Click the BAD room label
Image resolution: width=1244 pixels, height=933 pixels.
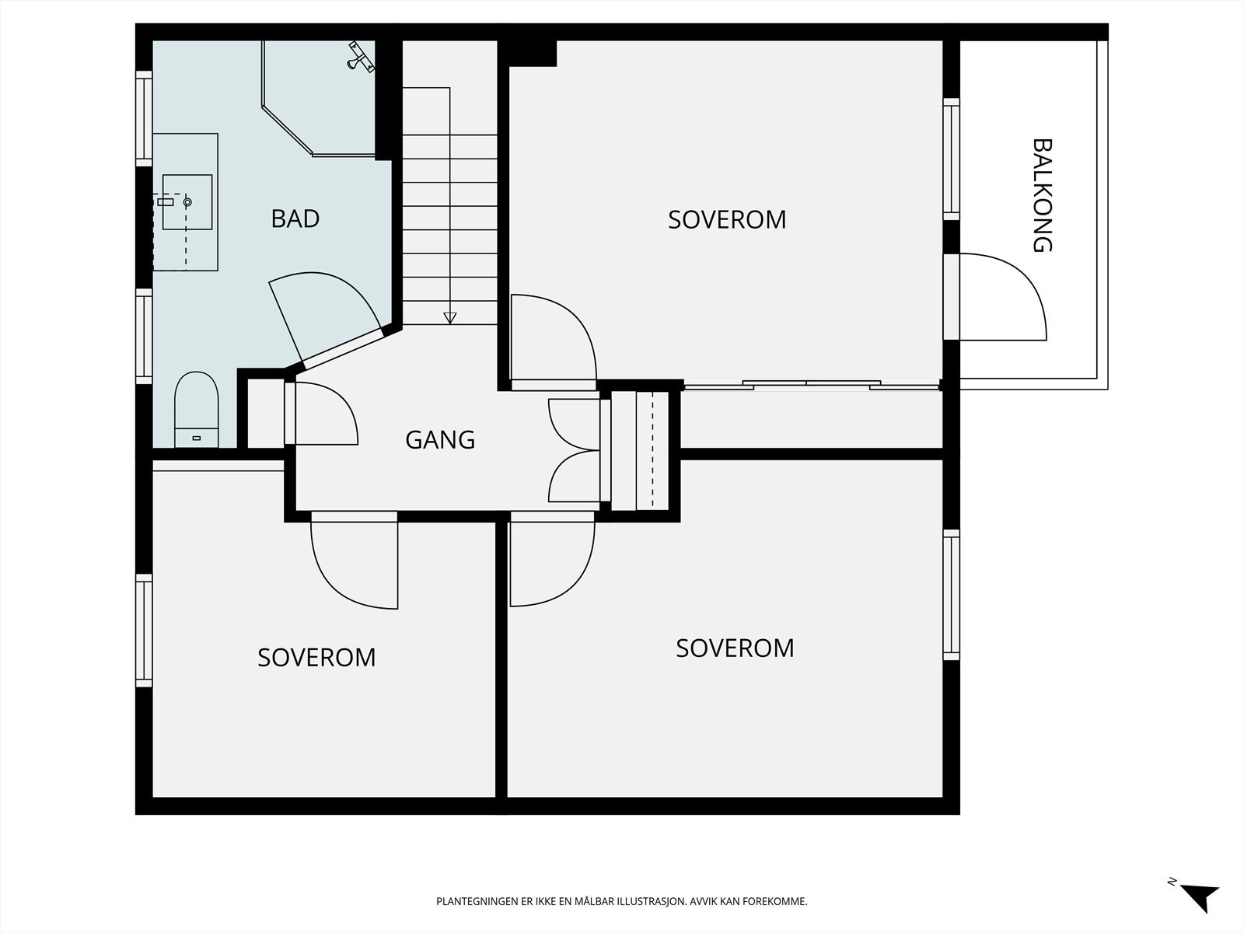click(295, 218)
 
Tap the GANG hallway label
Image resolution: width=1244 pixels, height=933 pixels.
click(440, 440)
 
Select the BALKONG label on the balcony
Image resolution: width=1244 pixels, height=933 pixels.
click(1042, 195)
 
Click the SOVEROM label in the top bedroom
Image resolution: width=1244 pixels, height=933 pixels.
click(727, 220)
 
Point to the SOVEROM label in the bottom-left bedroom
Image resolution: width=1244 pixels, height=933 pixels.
click(316, 658)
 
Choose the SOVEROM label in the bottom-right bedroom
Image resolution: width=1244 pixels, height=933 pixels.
click(735, 648)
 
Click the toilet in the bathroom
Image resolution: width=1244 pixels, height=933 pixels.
click(196, 410)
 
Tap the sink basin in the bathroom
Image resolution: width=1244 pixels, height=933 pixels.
click(187, 201)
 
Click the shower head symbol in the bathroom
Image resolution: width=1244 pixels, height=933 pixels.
click(361, 57)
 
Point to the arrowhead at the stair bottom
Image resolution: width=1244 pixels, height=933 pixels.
click(449, 318)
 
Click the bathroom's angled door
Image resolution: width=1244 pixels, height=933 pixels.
click(326, 317)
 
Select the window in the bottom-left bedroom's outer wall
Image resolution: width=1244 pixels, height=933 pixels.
click(145, 631)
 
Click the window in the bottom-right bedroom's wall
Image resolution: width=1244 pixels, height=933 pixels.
click(952, 595)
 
